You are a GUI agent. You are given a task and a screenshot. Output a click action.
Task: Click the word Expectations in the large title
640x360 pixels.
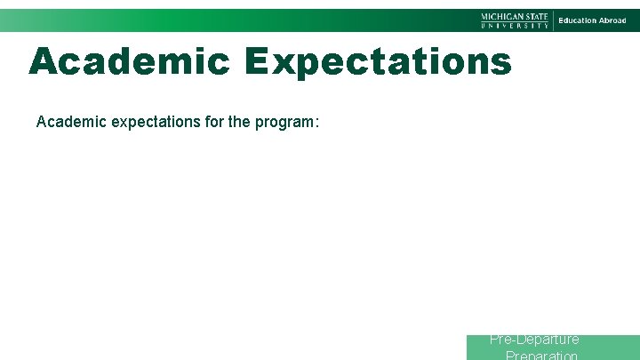coord(379,61)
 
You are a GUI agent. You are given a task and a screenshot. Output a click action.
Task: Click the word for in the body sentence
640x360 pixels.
coord(210,121)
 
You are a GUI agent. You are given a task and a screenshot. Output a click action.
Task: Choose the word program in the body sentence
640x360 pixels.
coord(283,121)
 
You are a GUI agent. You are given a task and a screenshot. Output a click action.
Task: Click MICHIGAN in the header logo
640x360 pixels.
coord(502,16)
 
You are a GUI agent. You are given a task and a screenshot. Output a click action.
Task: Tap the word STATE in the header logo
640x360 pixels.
coord(537,16)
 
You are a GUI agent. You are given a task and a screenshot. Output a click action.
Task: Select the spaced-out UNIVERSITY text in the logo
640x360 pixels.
coord(515,26)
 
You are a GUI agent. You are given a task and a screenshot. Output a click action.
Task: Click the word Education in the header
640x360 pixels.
coord(577,20)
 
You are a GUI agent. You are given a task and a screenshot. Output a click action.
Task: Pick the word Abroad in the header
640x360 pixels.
coord(612,20)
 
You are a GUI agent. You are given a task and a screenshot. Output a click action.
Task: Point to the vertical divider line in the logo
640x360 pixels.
coord(554,20)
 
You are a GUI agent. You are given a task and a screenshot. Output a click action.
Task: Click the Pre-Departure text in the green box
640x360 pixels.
coord(534,340)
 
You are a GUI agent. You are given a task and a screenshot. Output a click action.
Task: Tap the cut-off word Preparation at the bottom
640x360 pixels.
coord(541,355)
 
